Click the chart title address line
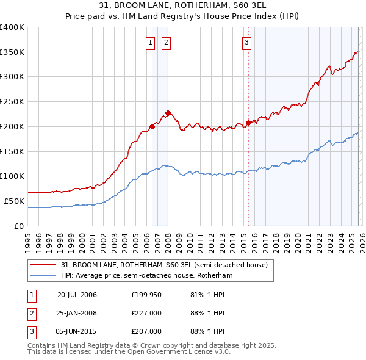point(183,7)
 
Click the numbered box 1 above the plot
point(150,42)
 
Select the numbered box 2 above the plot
point(166,42)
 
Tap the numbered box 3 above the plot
point(246,42)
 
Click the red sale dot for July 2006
point(152,126)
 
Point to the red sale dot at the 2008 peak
point(168,113)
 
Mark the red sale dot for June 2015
point(248,123)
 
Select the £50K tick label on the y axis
point(14,201)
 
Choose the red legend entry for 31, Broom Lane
point(164,265)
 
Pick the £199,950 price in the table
point(146,295)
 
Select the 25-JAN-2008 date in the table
point(77,313)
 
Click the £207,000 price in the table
point(146,331)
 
